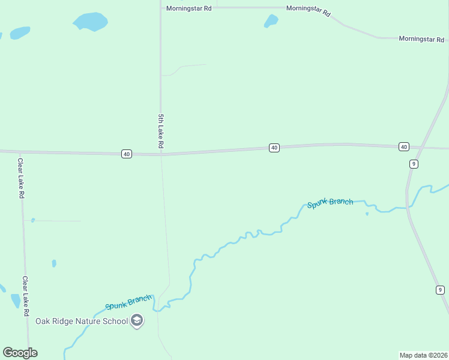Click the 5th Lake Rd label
161,131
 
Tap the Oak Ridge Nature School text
82,321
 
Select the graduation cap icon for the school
137,321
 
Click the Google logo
20,353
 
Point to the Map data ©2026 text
423,355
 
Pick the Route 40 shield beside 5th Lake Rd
126,154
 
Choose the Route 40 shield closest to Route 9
403,146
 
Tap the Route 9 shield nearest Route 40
414,164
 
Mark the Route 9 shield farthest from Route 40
440,290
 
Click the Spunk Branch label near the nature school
128,302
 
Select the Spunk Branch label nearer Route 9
330,203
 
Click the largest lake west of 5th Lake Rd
90,22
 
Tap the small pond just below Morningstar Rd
271,22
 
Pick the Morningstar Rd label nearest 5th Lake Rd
189,8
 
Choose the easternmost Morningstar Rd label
422,38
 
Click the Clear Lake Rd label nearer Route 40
20,178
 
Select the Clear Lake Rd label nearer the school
25,296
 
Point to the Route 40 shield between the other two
274,148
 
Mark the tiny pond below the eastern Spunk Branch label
367,214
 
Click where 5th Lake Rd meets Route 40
161,154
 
